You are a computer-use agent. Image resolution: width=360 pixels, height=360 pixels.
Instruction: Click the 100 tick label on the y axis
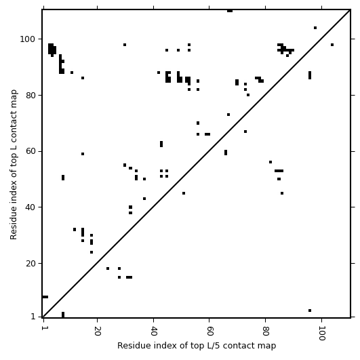pos(27,39)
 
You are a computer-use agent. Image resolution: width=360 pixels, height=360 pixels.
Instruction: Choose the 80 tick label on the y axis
pos(31,96)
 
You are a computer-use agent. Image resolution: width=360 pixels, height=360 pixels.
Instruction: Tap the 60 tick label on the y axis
pos(31,152)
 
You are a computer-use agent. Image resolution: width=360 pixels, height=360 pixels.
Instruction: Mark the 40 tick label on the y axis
pos(31,207)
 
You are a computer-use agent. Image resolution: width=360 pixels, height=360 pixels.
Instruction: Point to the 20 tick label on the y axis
pos(31,264)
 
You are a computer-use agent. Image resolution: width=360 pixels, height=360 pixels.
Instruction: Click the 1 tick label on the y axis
pos(33,317)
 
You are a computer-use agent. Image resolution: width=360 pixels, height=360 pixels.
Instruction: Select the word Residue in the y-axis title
pos(14,226)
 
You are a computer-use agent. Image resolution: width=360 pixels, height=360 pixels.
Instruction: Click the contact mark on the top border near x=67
pos(230,11)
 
